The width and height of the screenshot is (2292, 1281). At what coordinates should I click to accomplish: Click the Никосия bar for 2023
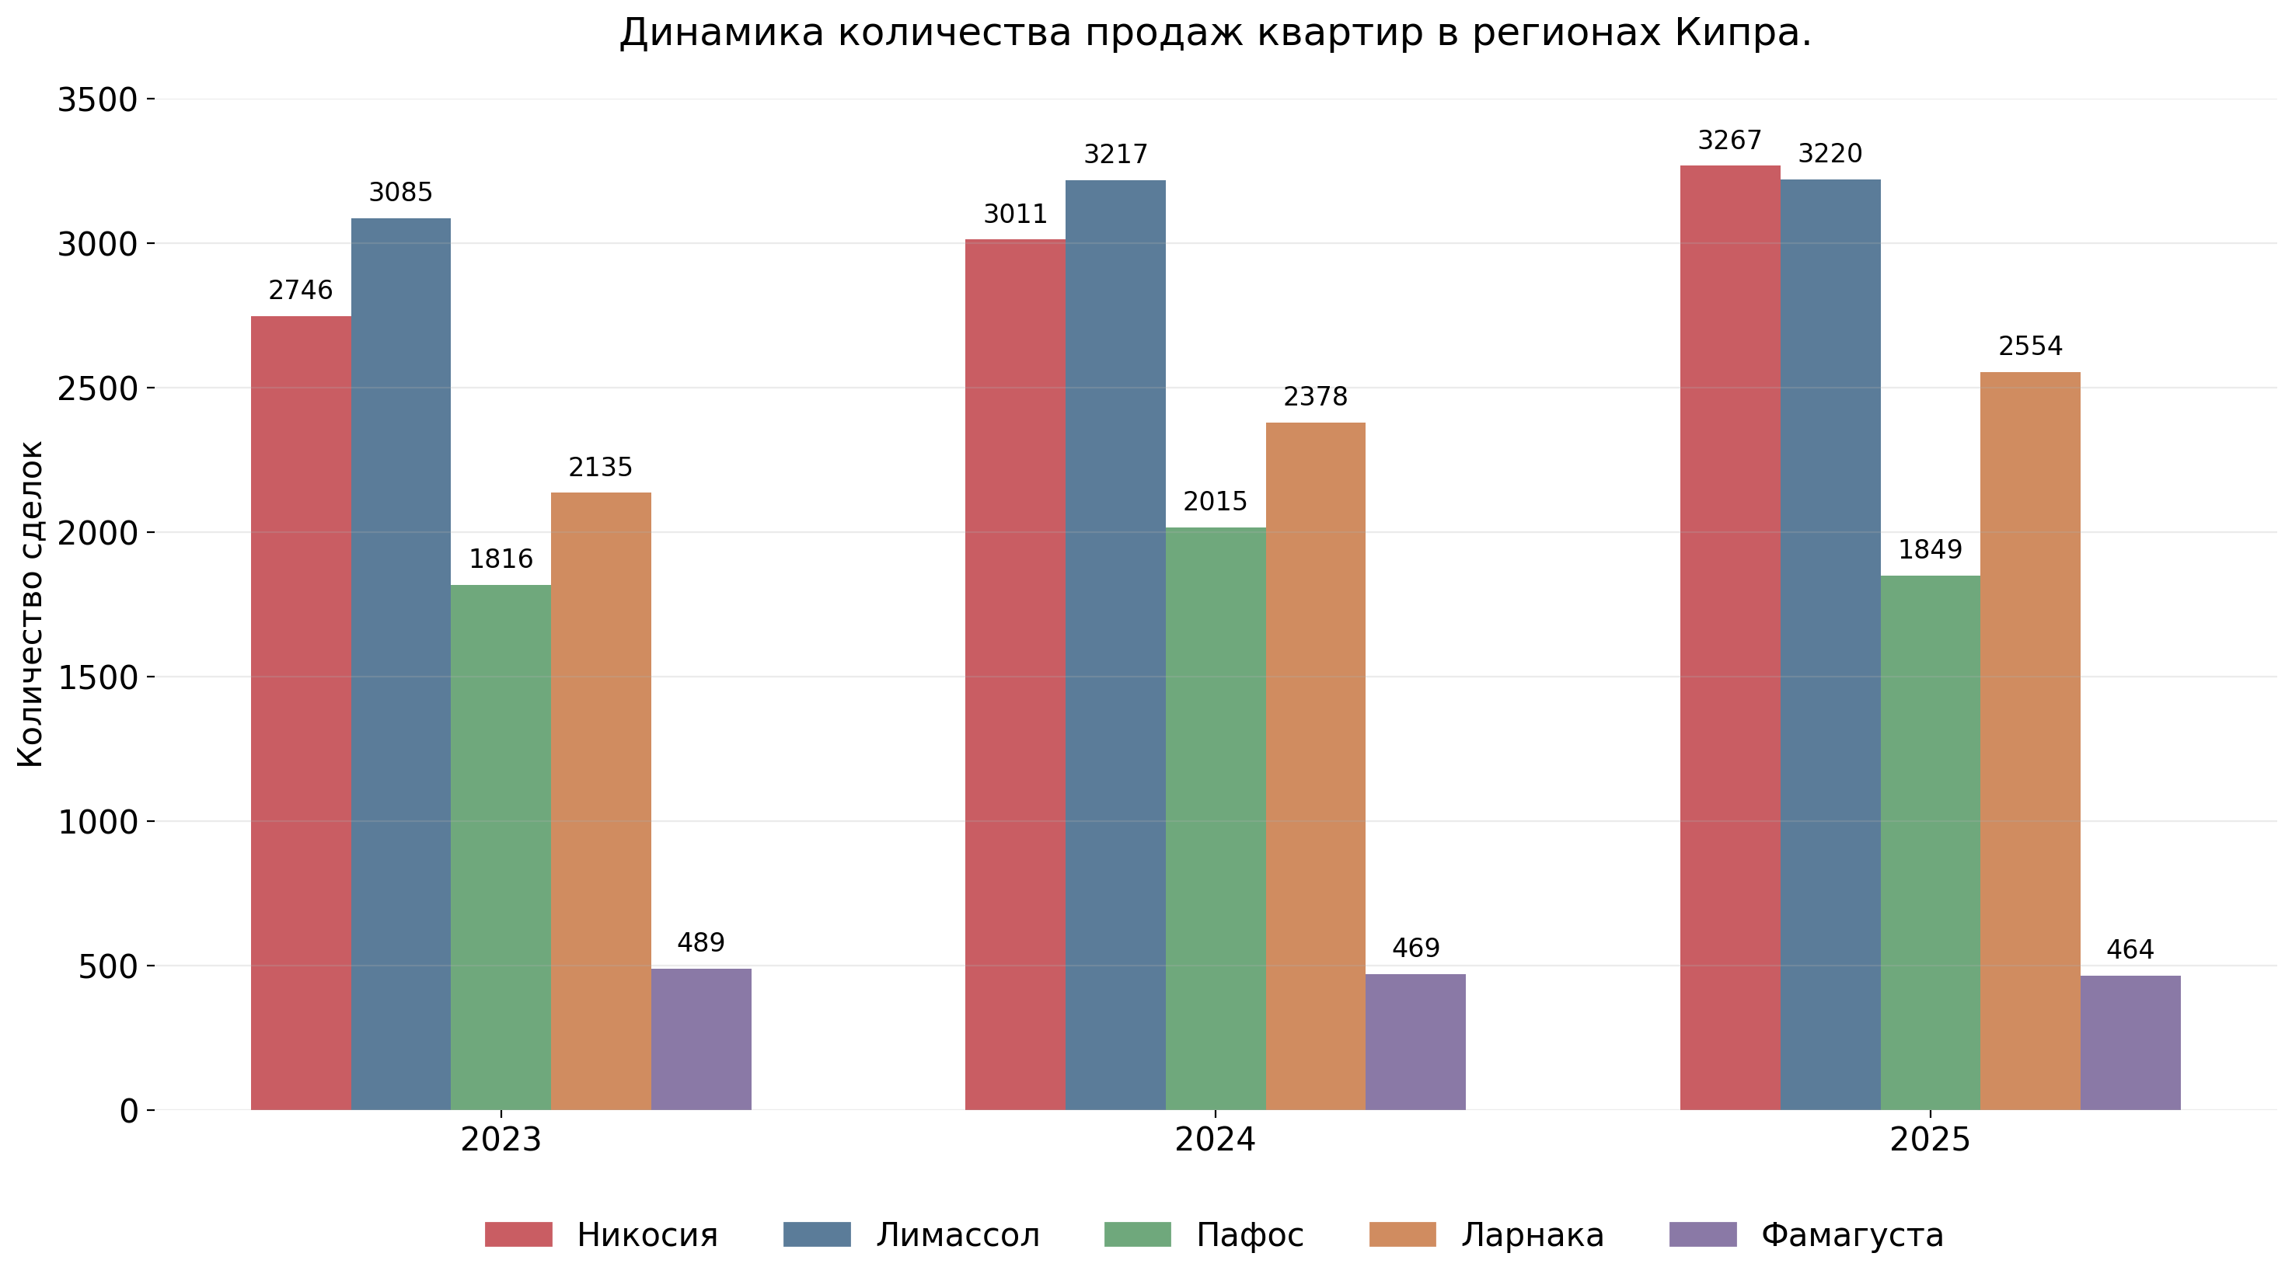point(301,712)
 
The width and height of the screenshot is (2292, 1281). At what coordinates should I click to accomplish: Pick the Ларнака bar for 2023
point(601,801)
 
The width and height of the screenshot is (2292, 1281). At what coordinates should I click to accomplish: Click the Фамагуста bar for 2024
point(1415,1042)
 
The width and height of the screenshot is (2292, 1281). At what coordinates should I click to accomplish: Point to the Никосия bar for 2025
point(1729,637)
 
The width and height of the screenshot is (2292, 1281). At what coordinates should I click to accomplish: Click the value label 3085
point(400,193)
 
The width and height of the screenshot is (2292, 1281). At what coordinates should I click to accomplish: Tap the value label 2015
point(1215,503)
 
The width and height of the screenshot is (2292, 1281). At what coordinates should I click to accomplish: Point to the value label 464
point(2130,950)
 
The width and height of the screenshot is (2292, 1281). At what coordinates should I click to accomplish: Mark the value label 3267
point(1729,141)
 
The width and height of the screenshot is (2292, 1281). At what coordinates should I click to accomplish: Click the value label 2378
point(1315,397)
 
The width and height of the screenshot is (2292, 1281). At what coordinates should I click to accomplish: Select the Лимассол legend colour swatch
point(816,1234)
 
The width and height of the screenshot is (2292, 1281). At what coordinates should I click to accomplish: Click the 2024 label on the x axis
point(1215,1140)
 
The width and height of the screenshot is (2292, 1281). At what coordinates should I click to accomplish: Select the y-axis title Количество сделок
point(31,604)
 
